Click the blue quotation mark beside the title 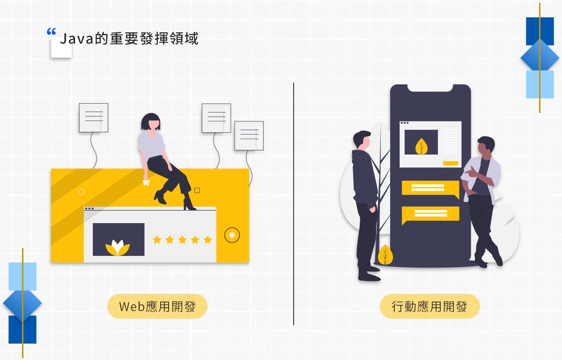click(51, 32)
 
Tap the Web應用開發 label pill click(157, 307)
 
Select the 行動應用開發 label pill click(429, 307)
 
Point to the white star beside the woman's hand click(146, 182)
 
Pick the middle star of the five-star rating click(182, 240)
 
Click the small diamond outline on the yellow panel click(81, 191)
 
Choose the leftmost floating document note click(94, 118)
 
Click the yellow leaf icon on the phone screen click(421, 146)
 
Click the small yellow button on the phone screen click(451, 163)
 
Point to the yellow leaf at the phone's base click(385, 255)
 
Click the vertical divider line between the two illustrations click(294, 204)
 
